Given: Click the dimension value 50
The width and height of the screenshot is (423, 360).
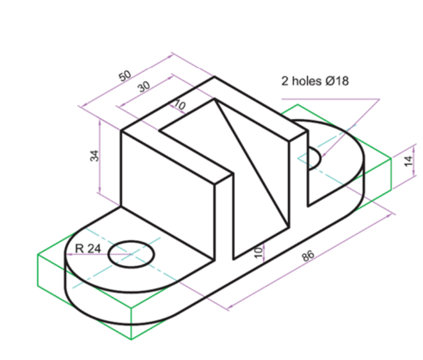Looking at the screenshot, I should click(x=125, y=76).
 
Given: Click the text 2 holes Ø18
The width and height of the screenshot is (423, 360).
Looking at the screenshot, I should click(x=315, y=81).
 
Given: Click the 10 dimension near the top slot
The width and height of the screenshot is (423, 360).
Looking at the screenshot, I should click(x=179, y=105).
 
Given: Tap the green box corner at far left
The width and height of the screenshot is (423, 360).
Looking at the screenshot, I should click(x=38, y=255).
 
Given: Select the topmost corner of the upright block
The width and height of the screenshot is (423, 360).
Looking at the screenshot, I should click(x=214, y=76).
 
